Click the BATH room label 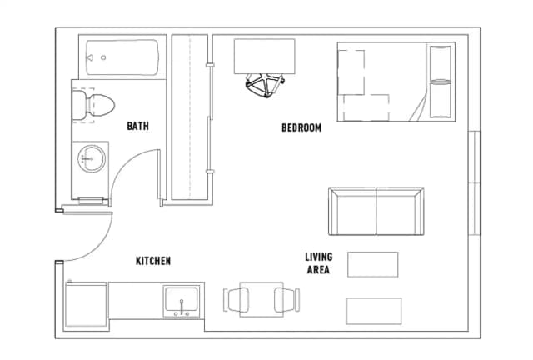click(x=137, y=127)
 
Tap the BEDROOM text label click(x=301, y=127)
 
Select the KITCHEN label click(x=153, y=261)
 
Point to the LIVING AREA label click(x=317, y=263)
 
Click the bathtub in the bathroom click(x=122, y=58)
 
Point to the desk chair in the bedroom click(x=265, y=84)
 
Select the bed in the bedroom click(x=395, y=81)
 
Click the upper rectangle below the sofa click(x=372, y=264)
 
